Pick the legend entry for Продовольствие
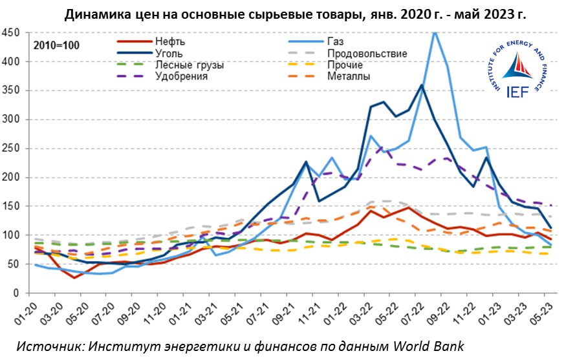point(367,53)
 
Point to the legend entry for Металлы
point(349,76)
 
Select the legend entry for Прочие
point(346,65)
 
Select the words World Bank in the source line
point(430,345)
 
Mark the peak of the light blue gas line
point(435,32)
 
